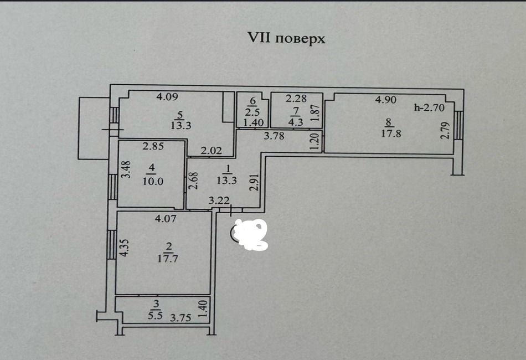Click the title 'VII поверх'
[x=285, y=39]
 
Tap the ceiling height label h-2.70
[x=430, y=108]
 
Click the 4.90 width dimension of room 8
[x=385, y=100]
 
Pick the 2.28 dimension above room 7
[x=296, y=99]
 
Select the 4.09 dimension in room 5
[x=167, y=97]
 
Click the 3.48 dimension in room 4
[x=126, y=169]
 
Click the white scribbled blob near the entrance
[x=251, y=233]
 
